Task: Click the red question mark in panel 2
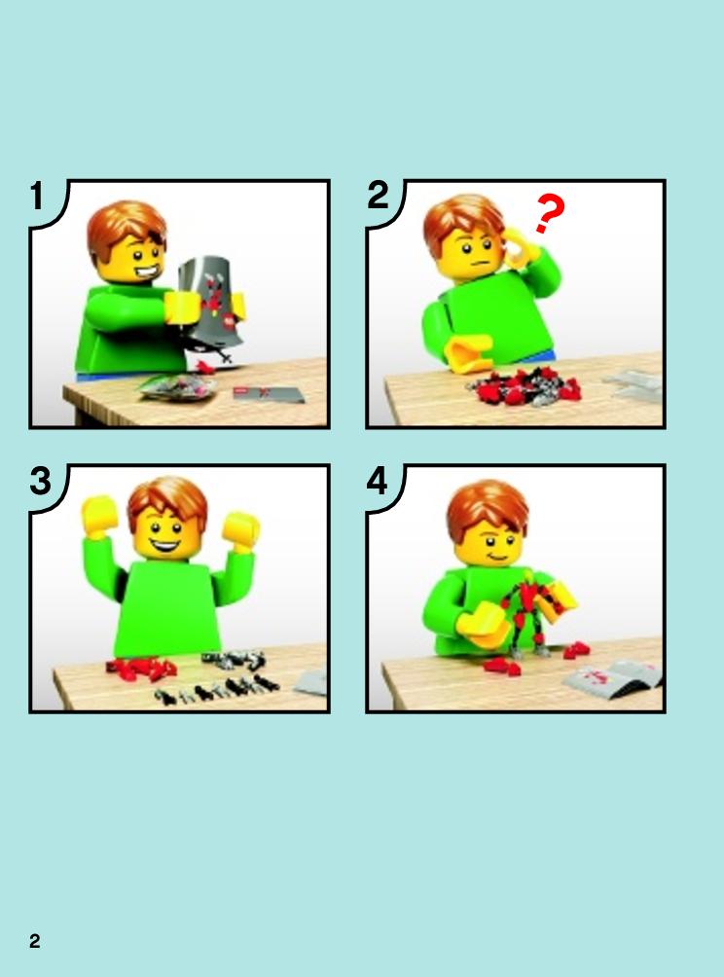[550, 213]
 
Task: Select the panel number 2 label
[378, 197]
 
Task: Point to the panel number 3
[40, 482]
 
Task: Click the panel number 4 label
[378, 482]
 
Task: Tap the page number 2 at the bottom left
[35, 940]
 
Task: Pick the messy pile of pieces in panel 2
[522, 386]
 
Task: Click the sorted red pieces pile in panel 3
[142, 668]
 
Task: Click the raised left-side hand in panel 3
[98, 517]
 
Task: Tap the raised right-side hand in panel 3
[240, 529]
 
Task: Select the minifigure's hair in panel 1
[126, 228]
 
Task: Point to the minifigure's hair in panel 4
[489, 507]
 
